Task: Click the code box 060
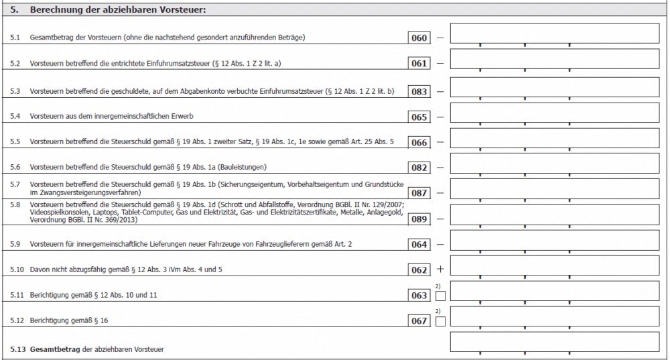coord(419,38)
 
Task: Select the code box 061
coord(419,64)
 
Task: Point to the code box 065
coord(419,117)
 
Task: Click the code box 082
coord(419,168)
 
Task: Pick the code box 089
coord(419,219)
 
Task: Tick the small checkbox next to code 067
coord(440,322)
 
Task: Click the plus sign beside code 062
coord(440,269)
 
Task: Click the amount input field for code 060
coord(554,34)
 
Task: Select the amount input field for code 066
coord(554,137)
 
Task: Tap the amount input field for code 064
coord(554,240)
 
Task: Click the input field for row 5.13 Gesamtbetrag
coord(554,342)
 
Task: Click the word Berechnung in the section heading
coord(58,9)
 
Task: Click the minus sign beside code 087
coord(440,193)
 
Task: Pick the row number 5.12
coord(17,321)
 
